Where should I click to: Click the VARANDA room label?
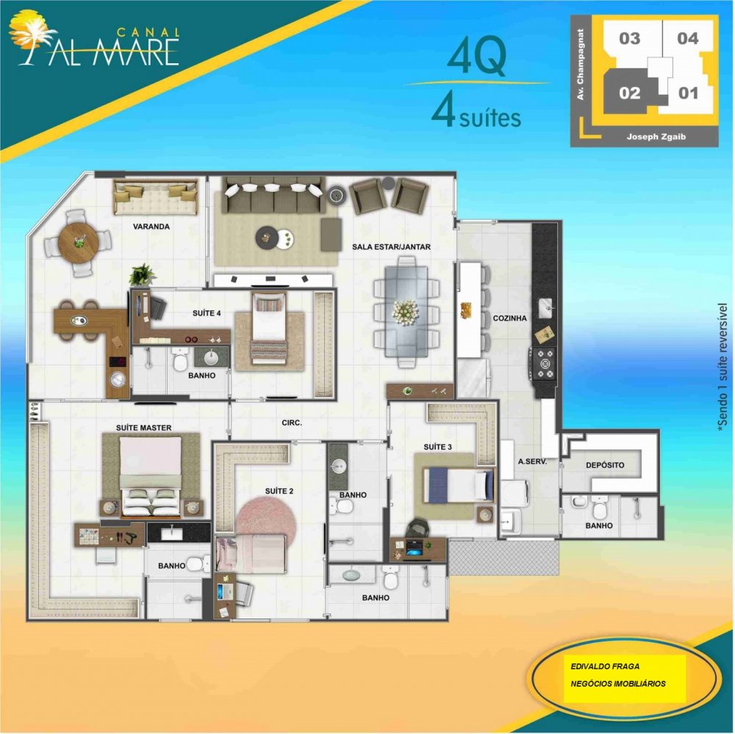tap(151, 227)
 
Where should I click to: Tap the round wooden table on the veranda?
tap(79, 243)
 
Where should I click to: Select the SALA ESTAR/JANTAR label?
tap(391, 246)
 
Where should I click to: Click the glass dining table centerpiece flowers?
tap(405, 311)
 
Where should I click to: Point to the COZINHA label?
tap(509, 318)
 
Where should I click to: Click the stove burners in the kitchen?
tap(544, 363)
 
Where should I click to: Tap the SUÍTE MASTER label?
tap(143, 428)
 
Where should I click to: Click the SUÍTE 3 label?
tap(437, 447)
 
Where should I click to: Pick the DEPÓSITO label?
tap(605, 466)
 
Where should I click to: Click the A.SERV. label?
tap(532, 461)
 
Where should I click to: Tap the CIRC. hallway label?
tap(292, 423)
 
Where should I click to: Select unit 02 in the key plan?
tap(629, 93)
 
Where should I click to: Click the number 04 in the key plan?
tap(688, 38)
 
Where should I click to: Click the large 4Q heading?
tap(476, 57)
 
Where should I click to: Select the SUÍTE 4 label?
tap(207, 313)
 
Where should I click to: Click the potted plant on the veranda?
tap(142, 274)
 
